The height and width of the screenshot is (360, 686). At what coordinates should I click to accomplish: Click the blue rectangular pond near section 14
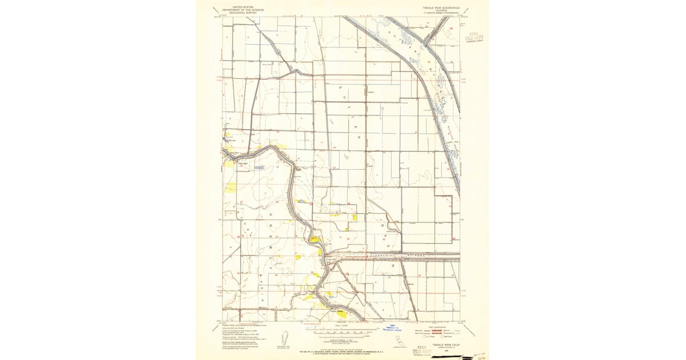tap(260, 167)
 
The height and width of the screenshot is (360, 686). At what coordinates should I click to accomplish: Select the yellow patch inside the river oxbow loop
tap(315, 239)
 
